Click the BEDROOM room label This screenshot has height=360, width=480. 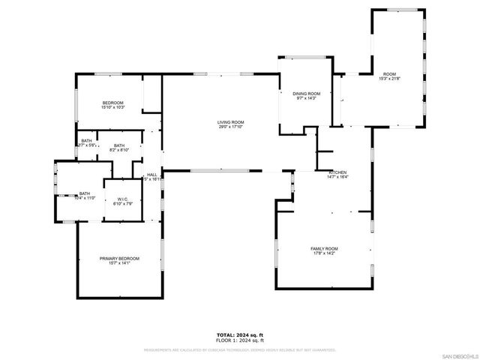click(x=112, y=103)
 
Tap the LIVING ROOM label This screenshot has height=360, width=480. click(x=231, y=122)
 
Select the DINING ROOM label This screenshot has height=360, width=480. click(x=306, y=93)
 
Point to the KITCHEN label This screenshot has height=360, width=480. click(x=336, y=172)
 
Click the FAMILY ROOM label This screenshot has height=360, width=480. click(x=325, y=248)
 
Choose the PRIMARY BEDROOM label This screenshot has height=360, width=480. click(x=119, y=258)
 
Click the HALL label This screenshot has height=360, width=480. click(x=152, y=174)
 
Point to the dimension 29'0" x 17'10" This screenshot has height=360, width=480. click(x=231, y=127)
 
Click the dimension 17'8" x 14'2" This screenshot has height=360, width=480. click(x=325, y=253)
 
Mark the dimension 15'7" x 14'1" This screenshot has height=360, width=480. click(x=119, y=263)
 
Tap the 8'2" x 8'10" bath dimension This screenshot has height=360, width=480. click(x=119, y=150)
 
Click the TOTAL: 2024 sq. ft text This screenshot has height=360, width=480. click(x=240, y=334)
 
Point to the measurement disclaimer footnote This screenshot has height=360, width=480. click(x=240, y=349)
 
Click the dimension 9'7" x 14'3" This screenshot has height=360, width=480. click(x=306, y=98)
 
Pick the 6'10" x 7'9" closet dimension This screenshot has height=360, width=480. click(x=122, y=204)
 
